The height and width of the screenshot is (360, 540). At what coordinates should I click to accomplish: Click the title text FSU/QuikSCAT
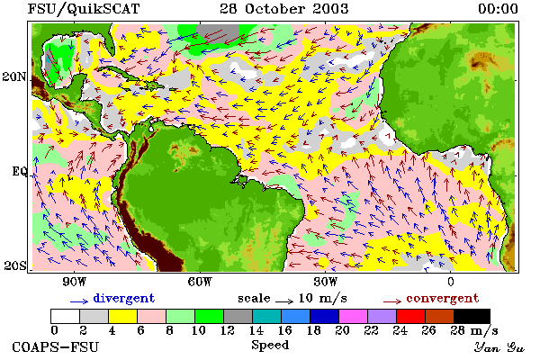(x=84, y=9)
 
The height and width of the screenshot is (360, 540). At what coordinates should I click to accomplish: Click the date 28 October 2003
(x=284, y=9)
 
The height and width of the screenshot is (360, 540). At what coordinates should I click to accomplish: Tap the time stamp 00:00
(x=498, y=9)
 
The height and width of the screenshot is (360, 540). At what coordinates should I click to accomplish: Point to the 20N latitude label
(x=14, y=76)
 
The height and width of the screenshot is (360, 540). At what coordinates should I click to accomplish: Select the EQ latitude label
(x=19, y=171)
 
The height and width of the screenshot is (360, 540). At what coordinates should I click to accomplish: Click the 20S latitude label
(x=15, y=265)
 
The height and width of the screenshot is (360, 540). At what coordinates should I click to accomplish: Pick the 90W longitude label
(x=74, y=282)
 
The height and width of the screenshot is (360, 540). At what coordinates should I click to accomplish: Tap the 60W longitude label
(x=200, y=282)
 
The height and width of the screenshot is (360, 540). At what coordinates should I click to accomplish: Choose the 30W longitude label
(x=326, y=282)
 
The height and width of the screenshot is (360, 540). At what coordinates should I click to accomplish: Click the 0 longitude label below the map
(x=451, y=282)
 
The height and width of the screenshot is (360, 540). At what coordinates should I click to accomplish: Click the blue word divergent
(x=124, y=298)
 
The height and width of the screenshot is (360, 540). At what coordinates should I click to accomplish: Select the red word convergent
(x=443, y=298)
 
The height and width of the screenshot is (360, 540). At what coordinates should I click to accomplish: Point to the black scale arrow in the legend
(x=284, y=301)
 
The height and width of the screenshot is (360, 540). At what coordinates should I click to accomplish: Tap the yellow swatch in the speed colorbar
(x=123, y=316)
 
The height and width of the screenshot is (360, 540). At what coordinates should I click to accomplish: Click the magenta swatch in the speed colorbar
(x=354, y=316)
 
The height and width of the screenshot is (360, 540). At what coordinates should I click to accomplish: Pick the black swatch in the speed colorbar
(x=472, y=316)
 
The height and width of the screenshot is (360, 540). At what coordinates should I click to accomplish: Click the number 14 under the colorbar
(x=256, y=330)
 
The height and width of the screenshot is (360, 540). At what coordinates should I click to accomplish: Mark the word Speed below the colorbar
(x=270, y=346)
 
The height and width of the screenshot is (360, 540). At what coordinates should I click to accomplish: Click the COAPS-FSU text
(x=56, y=346)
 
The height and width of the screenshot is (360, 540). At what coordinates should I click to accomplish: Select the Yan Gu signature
(x=499, y=347)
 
